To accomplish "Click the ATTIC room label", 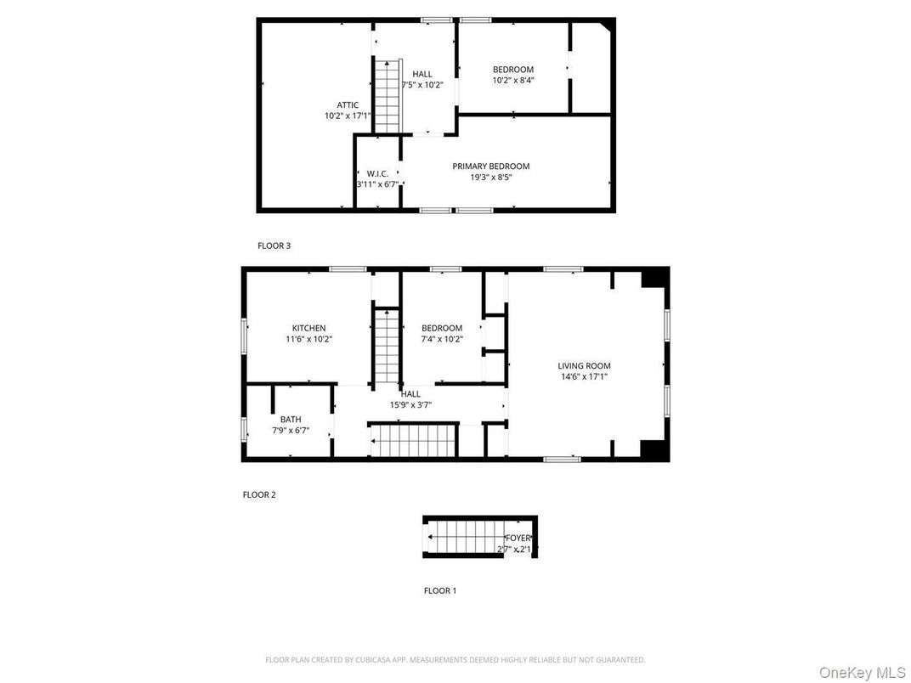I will click(347, 104).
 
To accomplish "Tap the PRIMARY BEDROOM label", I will click(490, 167).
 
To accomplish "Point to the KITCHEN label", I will click(308, 328).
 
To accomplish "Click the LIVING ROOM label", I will click(585, 365).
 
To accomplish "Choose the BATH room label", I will click(291, 419).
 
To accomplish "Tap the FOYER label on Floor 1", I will click(518, 538).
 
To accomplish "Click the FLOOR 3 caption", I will click(274, 246).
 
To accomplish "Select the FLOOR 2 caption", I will click(259, 494).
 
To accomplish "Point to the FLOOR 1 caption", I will click(439, 590).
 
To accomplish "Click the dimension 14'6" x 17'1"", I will click(585, 376).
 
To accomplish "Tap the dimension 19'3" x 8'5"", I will click(490, 178).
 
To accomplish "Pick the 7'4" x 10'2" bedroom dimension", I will click(442, 339).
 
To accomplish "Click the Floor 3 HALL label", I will click(422, 74).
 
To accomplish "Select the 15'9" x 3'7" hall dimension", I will click(410, 404).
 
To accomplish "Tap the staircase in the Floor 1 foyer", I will click(463, 538).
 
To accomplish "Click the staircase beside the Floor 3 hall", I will click(388, 96).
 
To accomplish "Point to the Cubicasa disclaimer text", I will click(455, 659).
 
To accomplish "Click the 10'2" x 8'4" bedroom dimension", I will click(513, 81).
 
